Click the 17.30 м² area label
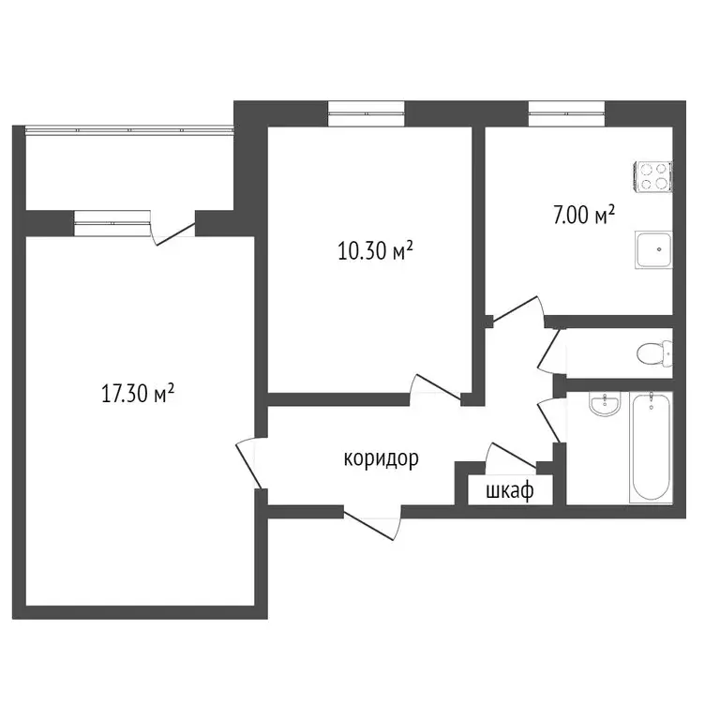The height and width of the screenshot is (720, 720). click(139, 394)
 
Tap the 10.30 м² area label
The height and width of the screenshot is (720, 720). click(376, 250)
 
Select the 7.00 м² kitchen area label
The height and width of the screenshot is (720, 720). click(583, 216)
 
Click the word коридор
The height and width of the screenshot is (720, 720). click(381, 458)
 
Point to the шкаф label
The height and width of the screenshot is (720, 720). click(510, 489)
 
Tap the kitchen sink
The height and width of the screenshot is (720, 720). click(654, 250)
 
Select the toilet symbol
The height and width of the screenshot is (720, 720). click(652, 353)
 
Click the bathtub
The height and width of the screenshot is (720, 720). click(652, 447)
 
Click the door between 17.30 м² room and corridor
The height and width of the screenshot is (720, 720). click(249, 461)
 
